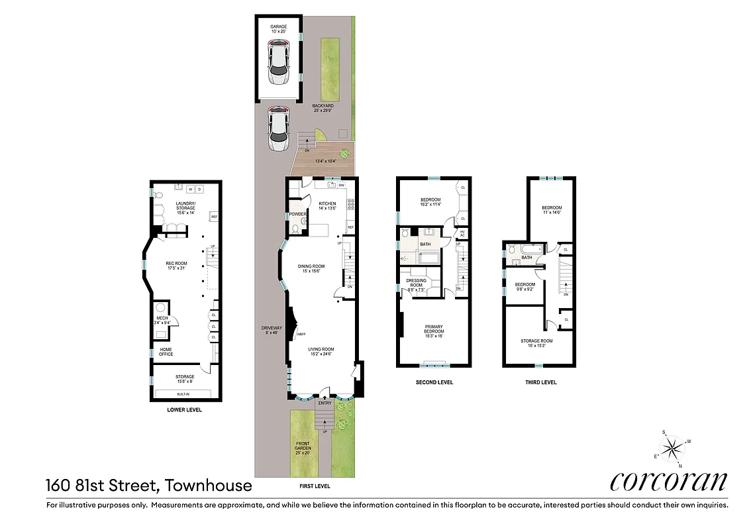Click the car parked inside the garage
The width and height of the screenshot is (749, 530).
point(278,59)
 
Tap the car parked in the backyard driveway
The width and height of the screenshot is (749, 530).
point(278,129)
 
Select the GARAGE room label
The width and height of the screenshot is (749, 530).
point(278,27)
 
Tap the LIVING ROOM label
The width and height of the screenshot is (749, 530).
point(319,351)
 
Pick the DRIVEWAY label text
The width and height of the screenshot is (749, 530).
point(272,329)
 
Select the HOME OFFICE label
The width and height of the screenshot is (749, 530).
point(166,352)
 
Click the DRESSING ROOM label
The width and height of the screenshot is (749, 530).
point(417,284)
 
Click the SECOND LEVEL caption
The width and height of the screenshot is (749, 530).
point(434,382)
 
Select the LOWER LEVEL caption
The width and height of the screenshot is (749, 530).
point(185,410)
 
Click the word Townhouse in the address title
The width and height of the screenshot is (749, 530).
point(208,486)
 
